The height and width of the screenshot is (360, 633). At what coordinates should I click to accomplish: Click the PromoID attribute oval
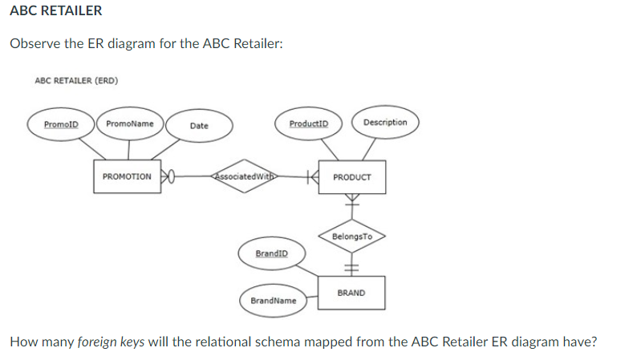point(61,124)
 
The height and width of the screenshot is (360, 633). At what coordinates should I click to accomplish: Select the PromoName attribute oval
point(130,123)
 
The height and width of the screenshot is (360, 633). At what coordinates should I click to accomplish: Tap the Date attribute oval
point(199,126)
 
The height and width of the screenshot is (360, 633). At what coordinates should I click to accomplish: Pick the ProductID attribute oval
point(308,123)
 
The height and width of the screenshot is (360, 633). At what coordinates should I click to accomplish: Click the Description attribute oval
point(384,123)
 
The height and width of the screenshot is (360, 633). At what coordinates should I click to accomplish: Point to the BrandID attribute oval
point(270,253)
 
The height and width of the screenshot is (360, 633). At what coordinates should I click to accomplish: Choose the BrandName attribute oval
point(272,300)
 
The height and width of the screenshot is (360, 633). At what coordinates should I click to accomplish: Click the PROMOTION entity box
point(127,176)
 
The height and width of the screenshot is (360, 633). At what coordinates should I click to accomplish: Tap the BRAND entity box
point(351,293)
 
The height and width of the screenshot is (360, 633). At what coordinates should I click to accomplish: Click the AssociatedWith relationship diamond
point(243,176)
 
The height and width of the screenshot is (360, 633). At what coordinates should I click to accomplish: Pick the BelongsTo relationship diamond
point(351,237)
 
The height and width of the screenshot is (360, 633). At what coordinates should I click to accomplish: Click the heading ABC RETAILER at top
point(56,10)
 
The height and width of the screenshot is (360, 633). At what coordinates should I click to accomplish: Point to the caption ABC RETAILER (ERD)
point(71,80)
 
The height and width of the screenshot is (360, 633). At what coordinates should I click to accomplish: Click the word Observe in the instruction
point(35,43)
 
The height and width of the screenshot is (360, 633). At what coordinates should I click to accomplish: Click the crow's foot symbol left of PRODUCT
point(313,176)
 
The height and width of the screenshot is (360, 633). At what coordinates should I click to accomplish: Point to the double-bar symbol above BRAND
point(351,268)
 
